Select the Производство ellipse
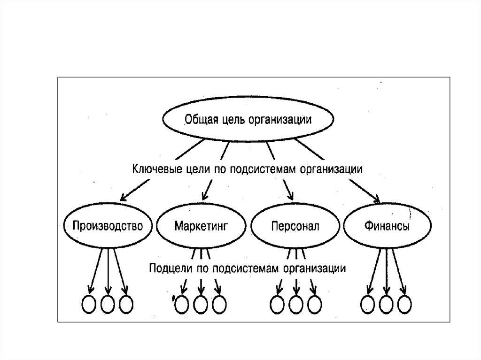[x=108, y=226]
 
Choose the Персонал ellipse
[x=295, y=226]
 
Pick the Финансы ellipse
[x=386, y=226]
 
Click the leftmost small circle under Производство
[x=90, y=304]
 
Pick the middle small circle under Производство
[x=108, y=304]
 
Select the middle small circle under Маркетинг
[x=201, y=305]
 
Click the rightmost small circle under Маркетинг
[x=218, y=305]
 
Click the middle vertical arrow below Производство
[x=109, y=272]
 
